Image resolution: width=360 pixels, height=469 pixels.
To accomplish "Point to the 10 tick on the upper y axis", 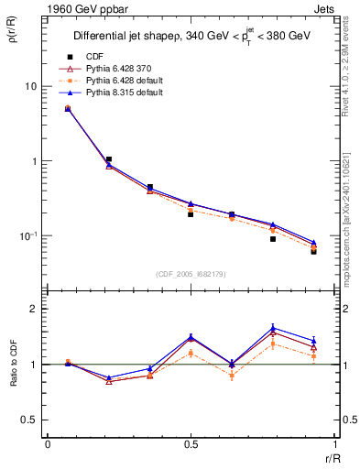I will point(29,86).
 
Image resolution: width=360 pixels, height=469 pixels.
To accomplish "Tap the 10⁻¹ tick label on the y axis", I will point(27,236).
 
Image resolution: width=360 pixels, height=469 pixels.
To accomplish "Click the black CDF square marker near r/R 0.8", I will point(273,239).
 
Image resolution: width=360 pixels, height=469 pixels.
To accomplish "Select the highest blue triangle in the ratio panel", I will point(273,327).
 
